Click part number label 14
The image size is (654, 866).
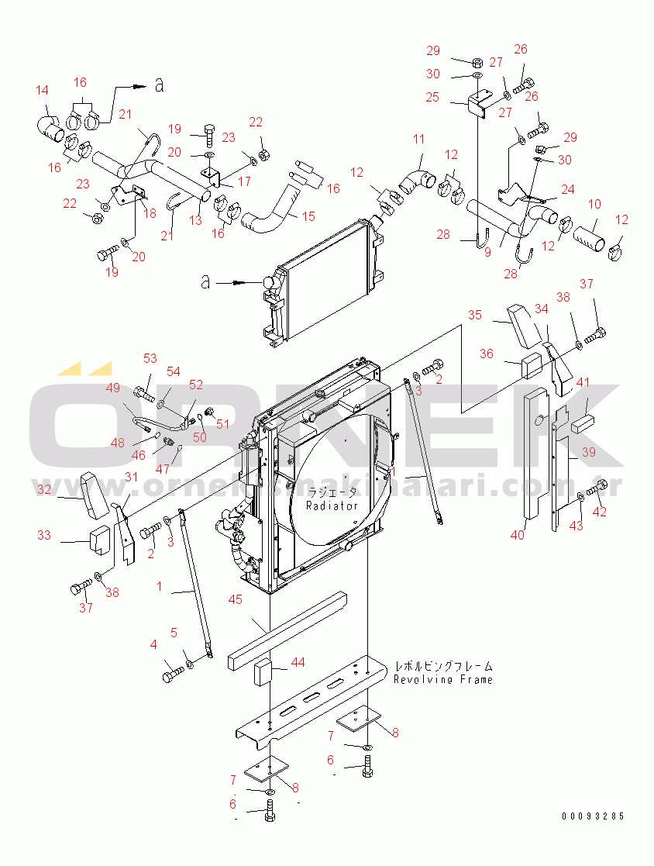coord(42,91)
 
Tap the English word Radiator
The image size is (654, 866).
coord(332,505)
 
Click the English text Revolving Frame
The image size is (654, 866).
coord(442,680)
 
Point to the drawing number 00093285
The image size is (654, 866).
coord(594,816)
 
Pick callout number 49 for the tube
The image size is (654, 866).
coord(113,388)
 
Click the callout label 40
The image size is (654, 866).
coord(517,534)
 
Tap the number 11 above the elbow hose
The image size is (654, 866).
coord(418,140)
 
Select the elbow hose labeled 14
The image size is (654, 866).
coord(51,128)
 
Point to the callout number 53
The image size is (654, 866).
coord(150,358)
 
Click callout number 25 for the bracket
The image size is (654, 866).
coord(432,98)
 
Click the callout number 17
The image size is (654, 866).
coord(244,181)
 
